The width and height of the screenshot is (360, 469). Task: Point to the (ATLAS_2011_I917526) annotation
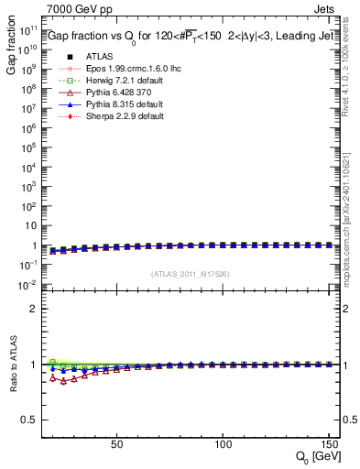(x=191, y=274)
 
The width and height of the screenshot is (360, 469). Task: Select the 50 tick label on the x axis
(x=116, y=444)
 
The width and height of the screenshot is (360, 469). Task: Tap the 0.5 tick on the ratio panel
(x=29, y=419)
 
